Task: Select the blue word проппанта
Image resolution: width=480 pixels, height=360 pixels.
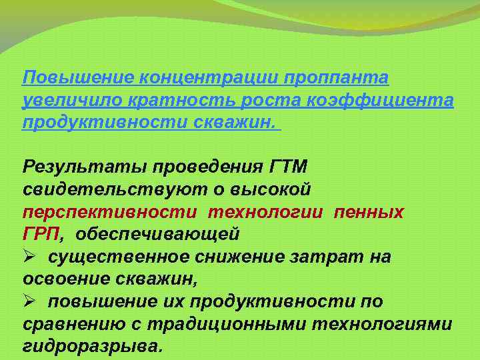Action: [x=336, y=79]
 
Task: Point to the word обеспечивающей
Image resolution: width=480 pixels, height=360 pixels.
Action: [x=157, y=235]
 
